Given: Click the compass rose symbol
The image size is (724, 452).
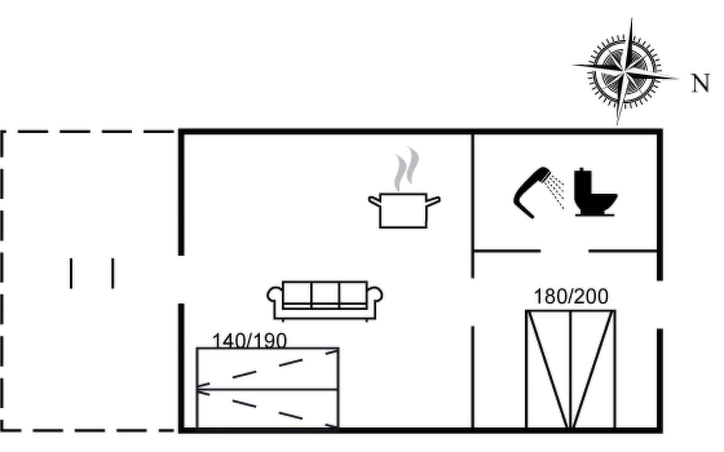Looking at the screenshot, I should point(624,72).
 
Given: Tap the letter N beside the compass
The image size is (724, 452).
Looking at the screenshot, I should point(701,83).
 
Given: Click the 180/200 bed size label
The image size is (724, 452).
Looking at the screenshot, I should point(571,296).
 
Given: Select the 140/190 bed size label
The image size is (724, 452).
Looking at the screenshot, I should point(249,341).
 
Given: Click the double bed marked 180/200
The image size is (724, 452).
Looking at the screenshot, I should point(571,369).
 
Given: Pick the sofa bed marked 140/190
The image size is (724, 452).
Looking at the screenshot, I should point(267,388).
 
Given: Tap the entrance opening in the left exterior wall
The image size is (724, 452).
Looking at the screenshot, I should point(181,279).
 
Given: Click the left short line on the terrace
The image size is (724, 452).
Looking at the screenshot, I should point(71,273).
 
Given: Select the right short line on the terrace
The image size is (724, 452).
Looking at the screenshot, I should point(113,273).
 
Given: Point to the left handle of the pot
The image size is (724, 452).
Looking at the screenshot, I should point(374,201).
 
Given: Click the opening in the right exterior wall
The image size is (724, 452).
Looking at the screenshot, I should point(660,304).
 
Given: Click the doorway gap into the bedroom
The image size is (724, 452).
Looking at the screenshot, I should point(472,302).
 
